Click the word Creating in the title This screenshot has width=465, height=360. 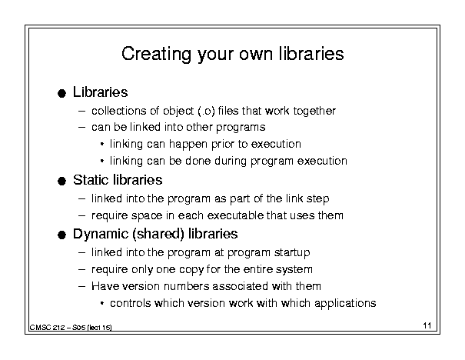tap(156, 55)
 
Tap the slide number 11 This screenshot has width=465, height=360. tap(427, 325)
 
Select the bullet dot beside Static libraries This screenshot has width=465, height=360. tap(61, 181)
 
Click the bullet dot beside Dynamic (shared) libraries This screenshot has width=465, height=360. tap(61, 235)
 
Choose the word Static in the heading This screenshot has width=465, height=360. tap(91, 180)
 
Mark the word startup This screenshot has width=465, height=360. tap(292, 253)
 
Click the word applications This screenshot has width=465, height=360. tap(345, 304)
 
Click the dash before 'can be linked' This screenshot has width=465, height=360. tap(81, 128)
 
